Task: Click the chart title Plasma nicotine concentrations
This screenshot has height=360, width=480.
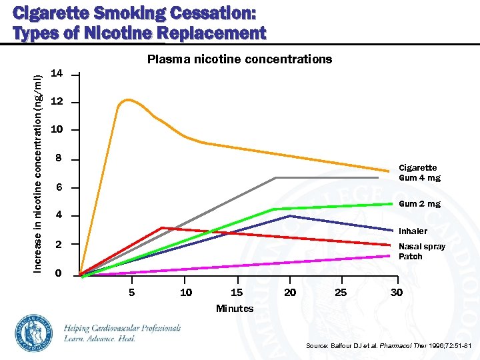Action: point(239,59)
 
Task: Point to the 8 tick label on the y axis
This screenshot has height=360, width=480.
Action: point(58,159)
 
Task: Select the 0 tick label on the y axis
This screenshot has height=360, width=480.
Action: point(58,274)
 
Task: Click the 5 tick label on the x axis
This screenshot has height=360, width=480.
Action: point(132,292)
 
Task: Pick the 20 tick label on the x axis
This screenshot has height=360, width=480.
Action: point(290,292)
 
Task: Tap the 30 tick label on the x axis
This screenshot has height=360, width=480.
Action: point(396,292)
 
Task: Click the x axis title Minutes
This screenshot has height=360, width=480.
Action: point(235,308)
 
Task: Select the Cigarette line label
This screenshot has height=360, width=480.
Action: point(417,168)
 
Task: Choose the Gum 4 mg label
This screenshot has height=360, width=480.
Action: point(419,178)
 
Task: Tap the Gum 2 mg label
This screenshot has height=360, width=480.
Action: point(419,204)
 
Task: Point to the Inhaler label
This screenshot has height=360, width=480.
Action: point(413,231)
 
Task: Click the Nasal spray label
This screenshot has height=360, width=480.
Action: point(421,247)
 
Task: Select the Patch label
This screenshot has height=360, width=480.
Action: point(410,257)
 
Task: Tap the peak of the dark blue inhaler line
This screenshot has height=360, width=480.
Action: point(290,216)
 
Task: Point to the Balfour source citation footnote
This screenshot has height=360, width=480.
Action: point(388,346)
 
